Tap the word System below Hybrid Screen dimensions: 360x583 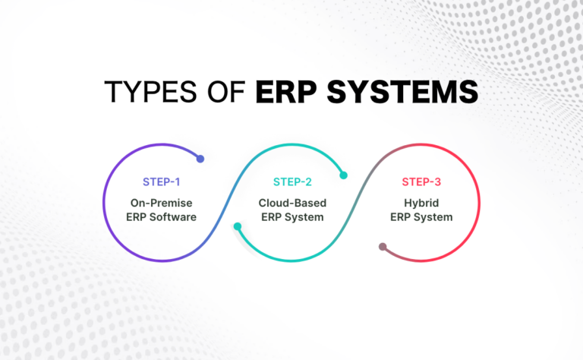tap(435, 217)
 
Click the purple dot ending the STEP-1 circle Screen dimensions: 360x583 tap(200, 159)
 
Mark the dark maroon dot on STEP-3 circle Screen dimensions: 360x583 tap(383, 247)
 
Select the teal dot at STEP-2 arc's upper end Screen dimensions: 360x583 tap(343, 175)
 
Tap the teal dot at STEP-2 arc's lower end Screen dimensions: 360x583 tap(238, 226)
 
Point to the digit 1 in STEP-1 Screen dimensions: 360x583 tap(180, 182)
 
